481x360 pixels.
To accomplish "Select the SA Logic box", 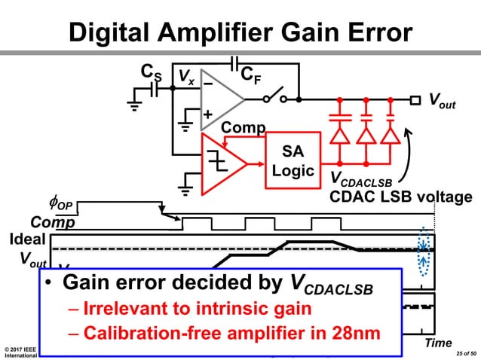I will click(x=293, y=160).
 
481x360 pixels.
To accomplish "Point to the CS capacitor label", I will click(x=151, y=73).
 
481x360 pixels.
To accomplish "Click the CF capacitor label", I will click(x=250, y=75).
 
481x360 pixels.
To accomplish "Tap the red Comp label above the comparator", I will click(x=243, y=128).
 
